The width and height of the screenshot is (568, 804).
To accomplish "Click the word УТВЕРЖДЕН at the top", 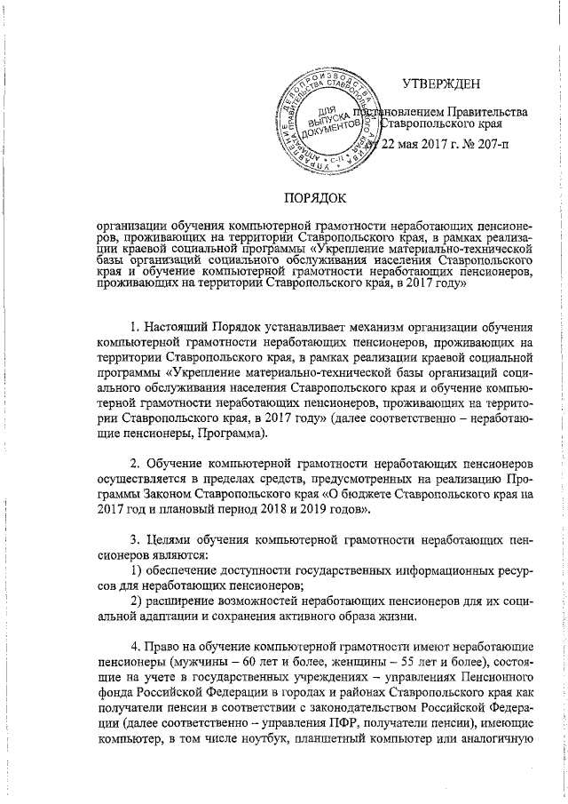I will click(x=441, y=84).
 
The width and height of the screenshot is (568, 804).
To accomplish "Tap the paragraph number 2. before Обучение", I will click(x=136, y=465).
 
